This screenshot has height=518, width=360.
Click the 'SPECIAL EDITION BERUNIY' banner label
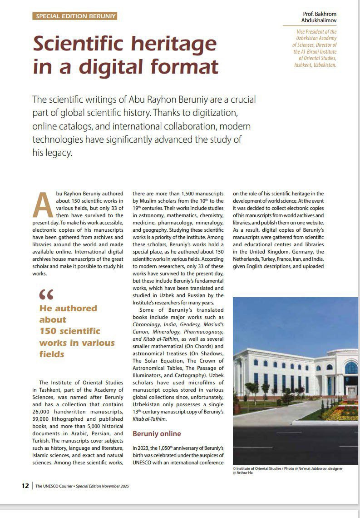tap(75, 16)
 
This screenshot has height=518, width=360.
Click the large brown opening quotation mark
tap(46, 295)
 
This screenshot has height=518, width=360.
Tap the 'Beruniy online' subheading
tap(157, 433)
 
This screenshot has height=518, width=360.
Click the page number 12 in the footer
tap(25, 486)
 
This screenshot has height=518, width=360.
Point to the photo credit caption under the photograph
tap(288, 470)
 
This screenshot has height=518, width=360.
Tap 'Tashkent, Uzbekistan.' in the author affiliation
tap(315, 65)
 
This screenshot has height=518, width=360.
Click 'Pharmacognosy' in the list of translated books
tap(202, 332)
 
